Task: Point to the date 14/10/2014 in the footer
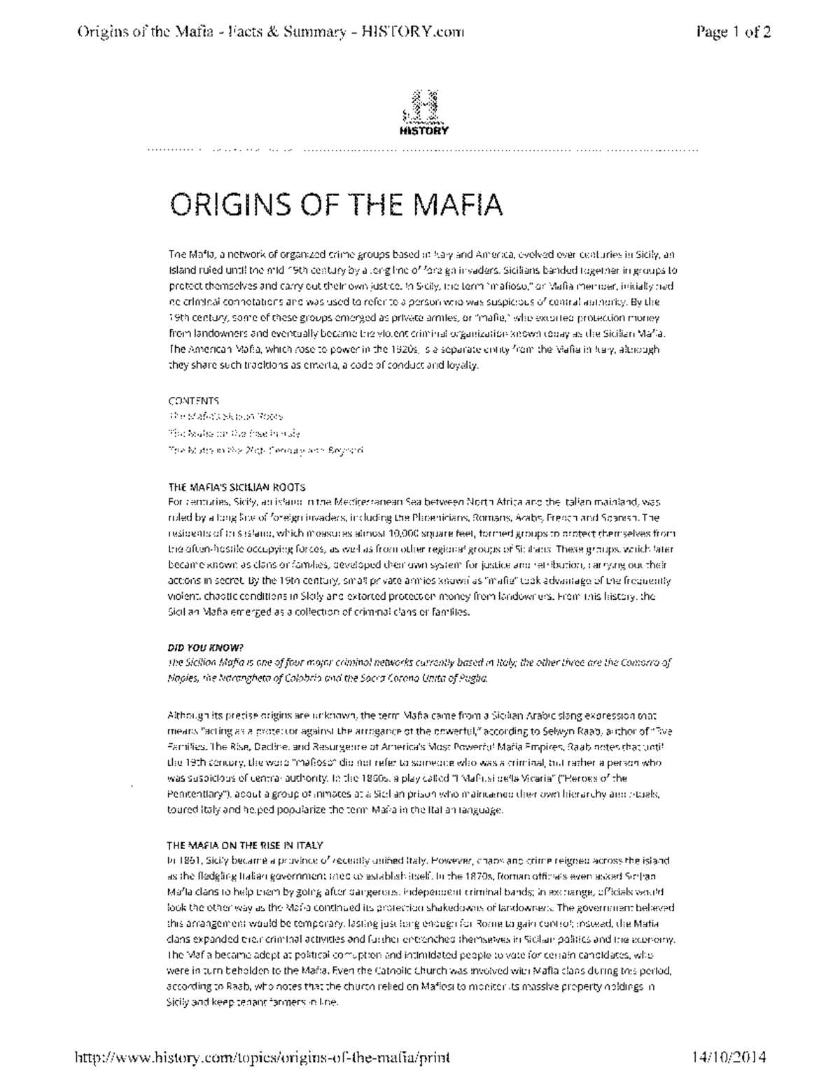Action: click(727, 1056)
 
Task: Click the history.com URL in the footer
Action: click(262, 1056)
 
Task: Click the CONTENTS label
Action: click(194, 401)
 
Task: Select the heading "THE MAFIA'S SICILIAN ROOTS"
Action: click(237, 487)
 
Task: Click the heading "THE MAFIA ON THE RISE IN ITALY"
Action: click(246, 845)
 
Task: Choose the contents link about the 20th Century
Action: click(266, 450)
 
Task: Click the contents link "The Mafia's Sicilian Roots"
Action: click(225, 416)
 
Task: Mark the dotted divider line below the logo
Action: click(423, 150)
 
